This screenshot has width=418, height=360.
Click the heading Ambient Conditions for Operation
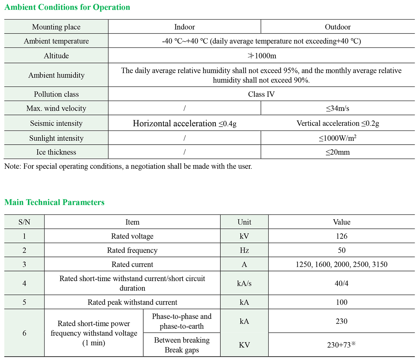(67, 7)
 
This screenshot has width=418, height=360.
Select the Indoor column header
(185, 27)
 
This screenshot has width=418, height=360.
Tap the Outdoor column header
(338, 27)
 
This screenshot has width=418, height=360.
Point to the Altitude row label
(56, 56)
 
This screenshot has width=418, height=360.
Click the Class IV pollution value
(261, 94)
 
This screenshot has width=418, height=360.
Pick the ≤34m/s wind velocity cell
(338, 108)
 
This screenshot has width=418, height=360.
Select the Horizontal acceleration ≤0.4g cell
(185, 123)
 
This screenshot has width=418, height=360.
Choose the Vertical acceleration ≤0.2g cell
(338, 123)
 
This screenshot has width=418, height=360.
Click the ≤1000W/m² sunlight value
(338, 138)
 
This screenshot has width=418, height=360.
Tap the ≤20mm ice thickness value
(338, 152)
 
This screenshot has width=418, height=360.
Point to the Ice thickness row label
(56, 152)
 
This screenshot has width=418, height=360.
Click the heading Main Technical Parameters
(54, 202)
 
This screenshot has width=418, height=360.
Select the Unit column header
(244, 222)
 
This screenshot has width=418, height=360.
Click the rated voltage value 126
(342, 236)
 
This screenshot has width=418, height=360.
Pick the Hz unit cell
(244, 250)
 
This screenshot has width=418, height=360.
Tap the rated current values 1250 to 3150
(342, 264)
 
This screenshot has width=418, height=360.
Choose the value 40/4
(342, 283)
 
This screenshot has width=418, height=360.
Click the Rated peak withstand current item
(132, 302)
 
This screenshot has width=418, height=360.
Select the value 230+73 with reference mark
(342, 345)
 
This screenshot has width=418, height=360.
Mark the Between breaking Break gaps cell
(182, 345)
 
